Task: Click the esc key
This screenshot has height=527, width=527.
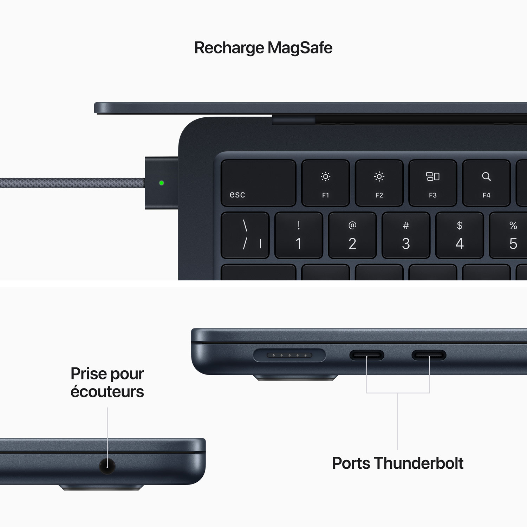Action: click(258, 183)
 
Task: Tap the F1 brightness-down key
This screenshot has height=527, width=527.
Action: click(325, 183)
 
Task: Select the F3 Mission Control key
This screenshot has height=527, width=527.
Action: click(432, 183)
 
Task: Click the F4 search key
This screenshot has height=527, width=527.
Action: click(486, 183)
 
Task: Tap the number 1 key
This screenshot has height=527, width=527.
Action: click(299, 235)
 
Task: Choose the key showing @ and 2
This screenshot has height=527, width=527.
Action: click(352, 235)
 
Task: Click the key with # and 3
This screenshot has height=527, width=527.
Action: click(406, 235)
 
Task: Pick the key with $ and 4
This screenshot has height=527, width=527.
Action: click(460, 235)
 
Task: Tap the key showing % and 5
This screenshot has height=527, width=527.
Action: click(511, 235)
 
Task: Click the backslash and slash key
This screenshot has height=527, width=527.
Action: click(245, 235)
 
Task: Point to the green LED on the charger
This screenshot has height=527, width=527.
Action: click(162, 183)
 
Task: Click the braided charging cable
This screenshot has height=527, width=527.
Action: click(70, 183)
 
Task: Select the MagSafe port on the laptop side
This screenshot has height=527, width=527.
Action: click(289, 355)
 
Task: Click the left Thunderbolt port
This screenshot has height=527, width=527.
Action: click(366, 355)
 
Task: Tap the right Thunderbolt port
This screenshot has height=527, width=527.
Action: click(429, 355)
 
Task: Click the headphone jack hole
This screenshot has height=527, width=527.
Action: click(107, 466)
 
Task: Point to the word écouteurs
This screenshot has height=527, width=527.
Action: click(107, 392)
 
